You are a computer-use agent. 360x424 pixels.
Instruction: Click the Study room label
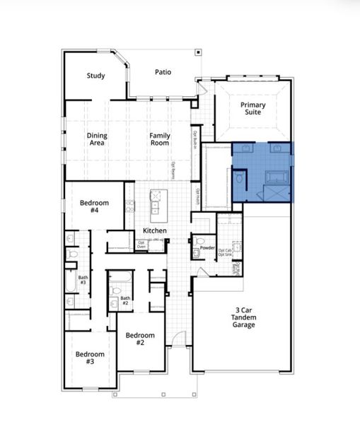[x=96, y=76]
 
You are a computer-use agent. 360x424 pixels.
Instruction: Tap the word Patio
[x=164, y=71]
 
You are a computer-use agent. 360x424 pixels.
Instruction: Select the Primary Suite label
[x=252, y=110]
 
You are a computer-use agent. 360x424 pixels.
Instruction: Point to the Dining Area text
[x=96, y=139]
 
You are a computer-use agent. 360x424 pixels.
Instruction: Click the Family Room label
[x=159, y=139]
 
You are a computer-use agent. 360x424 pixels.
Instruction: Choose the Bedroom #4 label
[x=89, y=206]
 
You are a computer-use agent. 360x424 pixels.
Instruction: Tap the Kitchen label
[x=155, y=231]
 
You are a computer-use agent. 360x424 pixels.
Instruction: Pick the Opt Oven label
[x=141, y=245]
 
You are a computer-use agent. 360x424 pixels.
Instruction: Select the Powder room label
[x=207, y=248]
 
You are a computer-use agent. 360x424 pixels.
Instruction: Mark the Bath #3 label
[x=83, y=280]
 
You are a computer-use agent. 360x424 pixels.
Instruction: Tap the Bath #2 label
[x=125, y=300]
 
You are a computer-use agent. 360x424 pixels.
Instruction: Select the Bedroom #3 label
[x=90, y=358]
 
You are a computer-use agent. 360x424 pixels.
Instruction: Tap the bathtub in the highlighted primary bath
[x=274, y=177]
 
